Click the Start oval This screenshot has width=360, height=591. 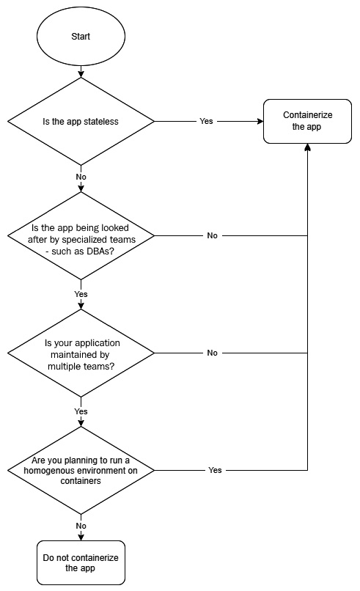(81, 37)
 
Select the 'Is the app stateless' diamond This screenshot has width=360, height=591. (81, 122)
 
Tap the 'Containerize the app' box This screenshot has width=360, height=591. (307, 122)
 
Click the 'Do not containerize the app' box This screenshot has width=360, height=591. (81, 562)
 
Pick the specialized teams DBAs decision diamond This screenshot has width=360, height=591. (81, 236)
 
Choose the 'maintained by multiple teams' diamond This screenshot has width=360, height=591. (81, 353)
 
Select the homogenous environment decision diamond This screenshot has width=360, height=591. (81, 471)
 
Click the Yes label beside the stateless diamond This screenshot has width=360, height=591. (206, 121)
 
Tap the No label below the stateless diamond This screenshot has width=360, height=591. (81, 177)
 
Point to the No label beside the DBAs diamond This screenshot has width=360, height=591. (212, 235)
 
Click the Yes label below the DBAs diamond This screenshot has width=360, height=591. (81, 294)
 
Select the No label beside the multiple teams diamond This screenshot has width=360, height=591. (212, 353)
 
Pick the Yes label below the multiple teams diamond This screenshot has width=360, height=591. (81, 411)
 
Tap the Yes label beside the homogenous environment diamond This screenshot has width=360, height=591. (215, 470)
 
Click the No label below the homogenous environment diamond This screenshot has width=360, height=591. (81, 526)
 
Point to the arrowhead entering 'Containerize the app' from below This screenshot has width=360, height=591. (308, 147)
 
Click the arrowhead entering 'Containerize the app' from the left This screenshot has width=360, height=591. (260, 122)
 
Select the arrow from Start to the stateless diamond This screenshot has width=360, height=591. (81, 68)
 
